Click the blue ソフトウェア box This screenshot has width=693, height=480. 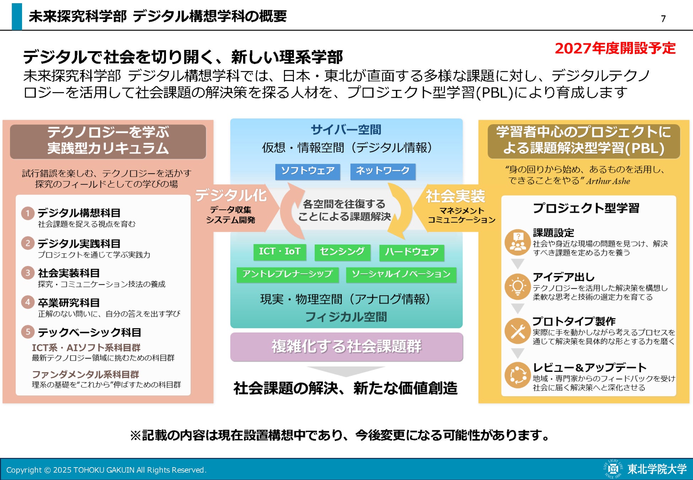click(308, 171)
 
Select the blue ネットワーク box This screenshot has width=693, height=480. click(383, 171)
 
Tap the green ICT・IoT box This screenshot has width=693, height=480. click(280, 252)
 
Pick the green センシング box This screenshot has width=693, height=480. click(342, 252)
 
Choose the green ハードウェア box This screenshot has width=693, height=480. click(412, 252)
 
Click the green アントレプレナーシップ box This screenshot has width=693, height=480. click(288, 274)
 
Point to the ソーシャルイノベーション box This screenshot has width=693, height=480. click(401, 274)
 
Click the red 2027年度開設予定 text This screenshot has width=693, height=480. click(615, 48)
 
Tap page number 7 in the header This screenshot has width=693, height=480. click(663, 18)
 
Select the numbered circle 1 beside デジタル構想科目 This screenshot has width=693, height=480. click(28, 213)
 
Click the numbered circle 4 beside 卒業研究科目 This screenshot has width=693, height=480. click(28, 302)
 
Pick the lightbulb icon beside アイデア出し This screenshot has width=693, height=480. click(518, 287)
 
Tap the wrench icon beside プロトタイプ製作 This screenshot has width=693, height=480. click(518, 331)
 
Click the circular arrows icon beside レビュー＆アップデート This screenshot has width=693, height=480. click(518, 375)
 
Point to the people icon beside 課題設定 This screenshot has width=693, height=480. click(518, 242)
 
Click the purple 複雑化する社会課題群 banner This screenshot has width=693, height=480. click(346, 347)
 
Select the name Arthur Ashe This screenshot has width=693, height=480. click(608, 181)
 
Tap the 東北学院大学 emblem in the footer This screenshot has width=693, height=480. click(613, 469)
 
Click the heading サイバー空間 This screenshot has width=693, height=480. click(346, 130)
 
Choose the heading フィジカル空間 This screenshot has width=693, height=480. click(346, 317)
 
